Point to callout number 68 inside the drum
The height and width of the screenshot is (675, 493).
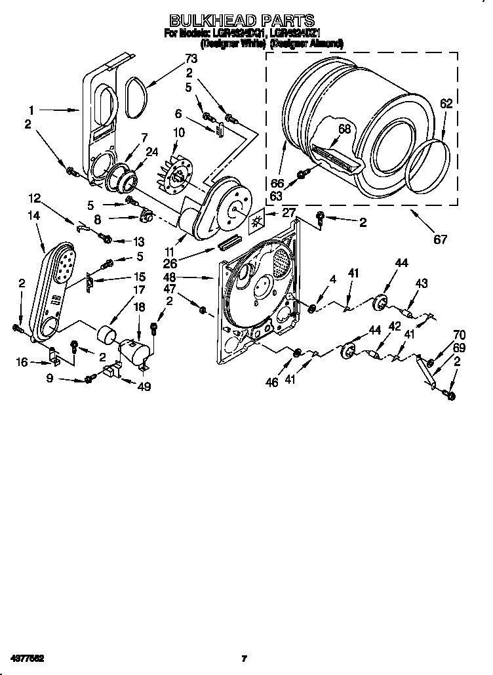(x=344, y=129)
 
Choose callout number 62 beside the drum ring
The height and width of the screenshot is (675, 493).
(x=446, y=102)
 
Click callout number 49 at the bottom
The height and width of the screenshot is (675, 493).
(x=144, y=386)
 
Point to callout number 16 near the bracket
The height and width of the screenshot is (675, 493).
(x=23, y=361)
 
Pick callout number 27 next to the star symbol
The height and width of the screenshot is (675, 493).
(x=288, y=212)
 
